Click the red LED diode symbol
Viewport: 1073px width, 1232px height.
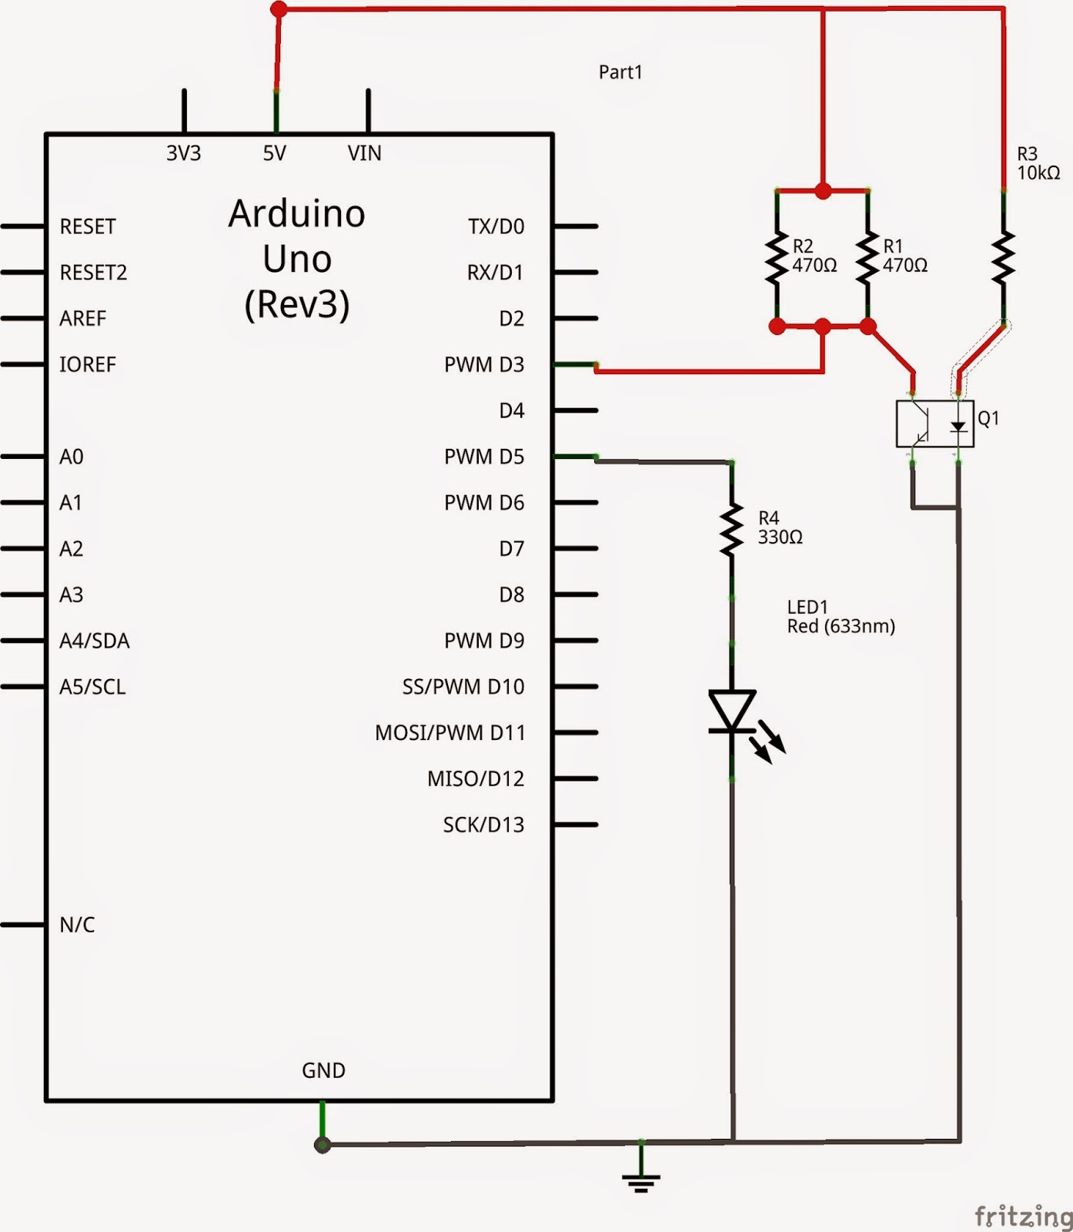click(x=733, y=711)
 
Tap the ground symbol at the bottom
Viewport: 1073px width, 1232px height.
click(x=641, y=1178)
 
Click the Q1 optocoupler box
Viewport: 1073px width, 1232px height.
click(x=935, y=423)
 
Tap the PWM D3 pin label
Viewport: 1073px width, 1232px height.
click(x=484, y=364)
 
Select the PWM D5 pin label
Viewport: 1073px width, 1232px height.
click(x=484, y=457)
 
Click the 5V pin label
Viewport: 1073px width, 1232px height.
click(x=275, y=153)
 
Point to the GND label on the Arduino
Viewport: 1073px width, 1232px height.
click(x=323, y=1070)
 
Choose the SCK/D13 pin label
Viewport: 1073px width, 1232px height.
click(x=484, y=825)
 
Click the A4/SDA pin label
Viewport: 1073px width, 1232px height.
click(x=95, y=641)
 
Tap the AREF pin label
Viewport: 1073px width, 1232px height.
click(x=83, y=318)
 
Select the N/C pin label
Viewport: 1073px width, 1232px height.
click(x=78, y=925)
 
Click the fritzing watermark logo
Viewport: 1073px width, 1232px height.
click(x=1024, y=1216)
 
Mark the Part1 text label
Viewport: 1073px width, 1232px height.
click(x=620, y=72)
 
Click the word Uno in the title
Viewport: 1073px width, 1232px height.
click(x=297, y=259)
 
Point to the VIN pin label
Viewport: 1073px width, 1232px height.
click(x=365, y=153)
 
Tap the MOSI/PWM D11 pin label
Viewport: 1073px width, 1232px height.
click(x=450, y=732)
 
